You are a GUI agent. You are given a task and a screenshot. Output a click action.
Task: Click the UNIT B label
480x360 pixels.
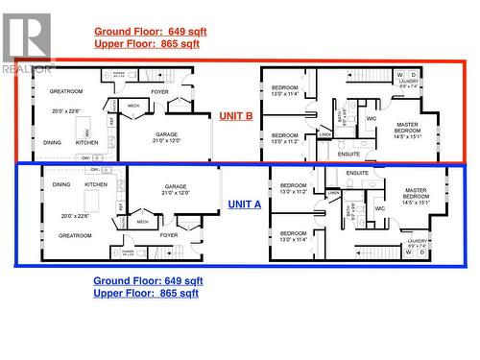pos(236,115)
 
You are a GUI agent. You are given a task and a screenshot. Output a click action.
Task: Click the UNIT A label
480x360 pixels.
pos(244,204)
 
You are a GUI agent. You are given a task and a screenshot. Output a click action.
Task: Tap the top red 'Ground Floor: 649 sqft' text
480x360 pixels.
pos(150,31)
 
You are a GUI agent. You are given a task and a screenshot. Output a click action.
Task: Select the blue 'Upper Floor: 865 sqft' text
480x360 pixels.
pos(146,293)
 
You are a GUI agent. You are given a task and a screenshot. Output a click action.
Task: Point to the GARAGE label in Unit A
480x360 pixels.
pos(175,188)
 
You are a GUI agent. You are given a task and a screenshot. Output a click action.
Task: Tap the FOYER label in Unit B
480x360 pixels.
pos(159,92)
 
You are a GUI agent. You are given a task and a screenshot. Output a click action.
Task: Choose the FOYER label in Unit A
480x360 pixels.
pos(169,234)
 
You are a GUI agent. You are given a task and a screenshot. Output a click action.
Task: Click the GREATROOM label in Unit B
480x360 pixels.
pos(66,91)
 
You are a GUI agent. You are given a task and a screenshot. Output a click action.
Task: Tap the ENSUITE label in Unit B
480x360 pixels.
pos(349,154)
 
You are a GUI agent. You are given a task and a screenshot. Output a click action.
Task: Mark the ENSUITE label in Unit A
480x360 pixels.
pos(357,173)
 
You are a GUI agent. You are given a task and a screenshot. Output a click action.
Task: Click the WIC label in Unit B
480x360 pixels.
pos(371,119)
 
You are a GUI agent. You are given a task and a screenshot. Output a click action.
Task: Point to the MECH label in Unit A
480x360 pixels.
pos(142,221)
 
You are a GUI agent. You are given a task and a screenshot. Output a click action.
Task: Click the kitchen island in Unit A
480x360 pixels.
pos(93,201)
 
